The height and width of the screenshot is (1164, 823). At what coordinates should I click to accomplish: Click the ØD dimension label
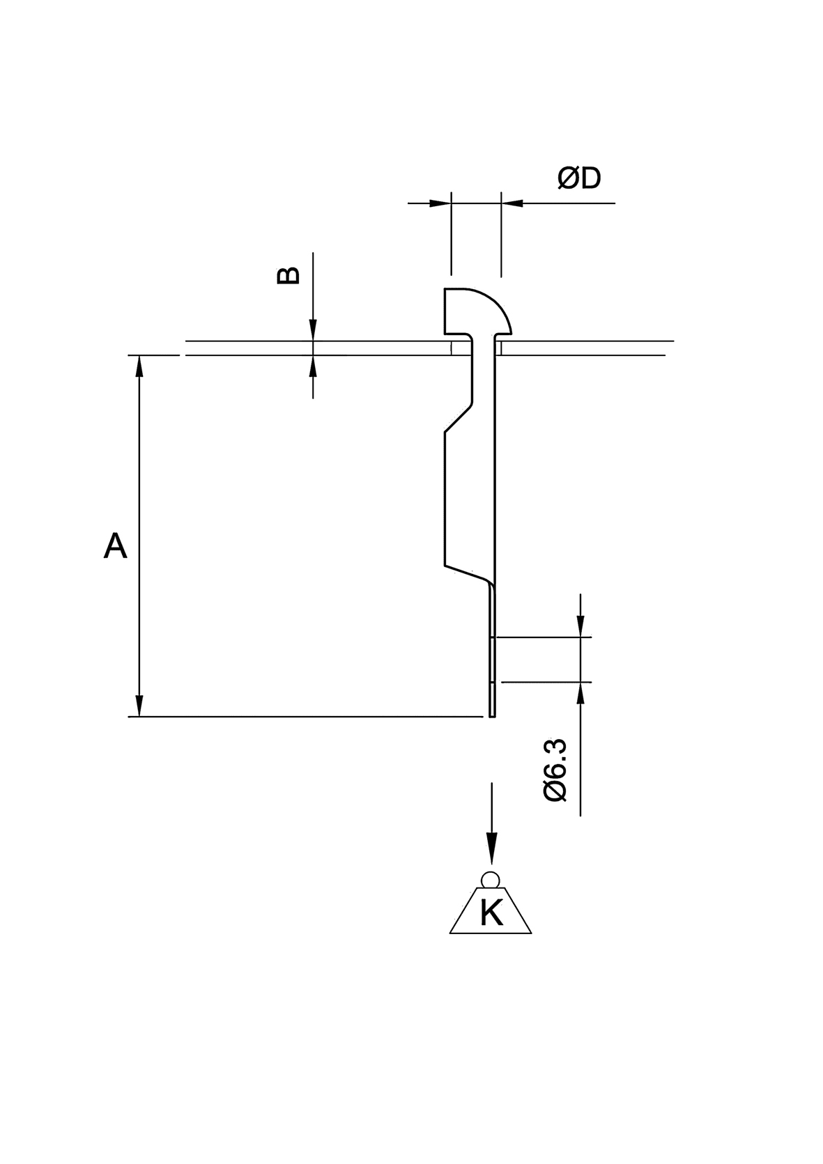click(578, 179)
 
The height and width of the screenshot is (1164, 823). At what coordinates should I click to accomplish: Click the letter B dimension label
click(289, 275)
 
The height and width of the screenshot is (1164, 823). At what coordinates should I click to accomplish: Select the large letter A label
click(115, 545)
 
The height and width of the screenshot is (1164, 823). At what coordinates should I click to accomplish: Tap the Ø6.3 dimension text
click(555, 770)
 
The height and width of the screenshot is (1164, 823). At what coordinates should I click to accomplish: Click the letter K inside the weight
click(491, 913)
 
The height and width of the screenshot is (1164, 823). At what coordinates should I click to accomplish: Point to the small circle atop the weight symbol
click(491, 879)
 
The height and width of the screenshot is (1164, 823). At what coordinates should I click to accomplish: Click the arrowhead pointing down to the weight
click(492, 851)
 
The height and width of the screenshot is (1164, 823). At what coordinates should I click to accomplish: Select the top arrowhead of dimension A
click(140, 366)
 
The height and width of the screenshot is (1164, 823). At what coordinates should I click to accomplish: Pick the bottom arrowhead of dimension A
click(140, 705)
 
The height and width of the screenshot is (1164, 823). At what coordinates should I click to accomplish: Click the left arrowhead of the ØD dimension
click(440, 203)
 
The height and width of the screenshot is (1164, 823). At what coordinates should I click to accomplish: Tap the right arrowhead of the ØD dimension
click(512, 203)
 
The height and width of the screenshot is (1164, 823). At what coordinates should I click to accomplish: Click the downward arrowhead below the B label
click(313, 330)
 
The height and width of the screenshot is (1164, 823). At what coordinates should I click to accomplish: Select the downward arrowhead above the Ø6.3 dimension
click(580, 626)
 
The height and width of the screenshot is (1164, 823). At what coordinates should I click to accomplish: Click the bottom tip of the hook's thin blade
click(493, 713)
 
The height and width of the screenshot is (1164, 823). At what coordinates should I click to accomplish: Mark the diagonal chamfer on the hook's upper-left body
click(459, 419)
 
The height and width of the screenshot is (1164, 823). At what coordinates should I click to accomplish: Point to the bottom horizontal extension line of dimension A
click(307, 716)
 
